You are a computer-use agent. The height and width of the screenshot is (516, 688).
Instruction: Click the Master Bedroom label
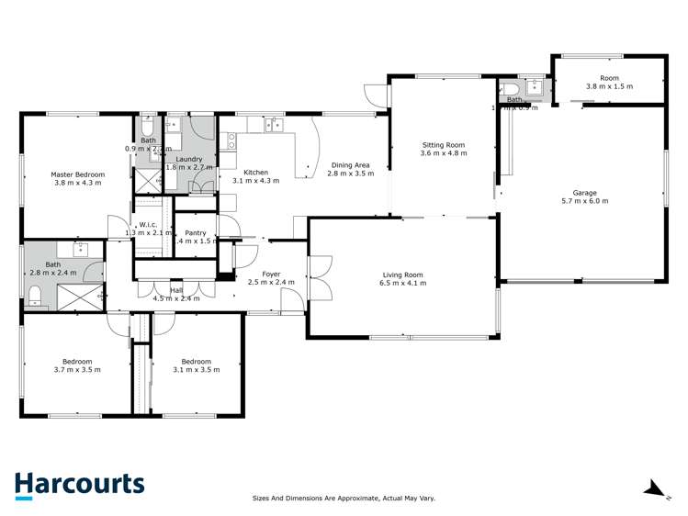[77, 174]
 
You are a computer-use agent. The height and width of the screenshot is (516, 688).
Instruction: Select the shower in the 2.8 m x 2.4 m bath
[81, 297]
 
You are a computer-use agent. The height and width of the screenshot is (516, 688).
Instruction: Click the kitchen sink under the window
[273, 127]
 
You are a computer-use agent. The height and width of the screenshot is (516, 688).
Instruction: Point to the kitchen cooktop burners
[231, 140]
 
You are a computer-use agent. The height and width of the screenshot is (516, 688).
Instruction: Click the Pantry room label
[195, 233]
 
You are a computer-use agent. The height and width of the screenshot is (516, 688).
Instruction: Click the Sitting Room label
[444, 145]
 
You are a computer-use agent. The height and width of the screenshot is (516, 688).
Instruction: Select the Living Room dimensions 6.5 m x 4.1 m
[404, 284]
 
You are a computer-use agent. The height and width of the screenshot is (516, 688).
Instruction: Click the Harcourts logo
[79, 485]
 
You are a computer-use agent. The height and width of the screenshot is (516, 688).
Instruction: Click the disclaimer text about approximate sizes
[344, 499]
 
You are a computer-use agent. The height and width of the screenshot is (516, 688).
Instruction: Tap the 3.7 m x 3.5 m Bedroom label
[77, 362]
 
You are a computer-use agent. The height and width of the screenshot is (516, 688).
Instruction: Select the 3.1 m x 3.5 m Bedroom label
[196, 362]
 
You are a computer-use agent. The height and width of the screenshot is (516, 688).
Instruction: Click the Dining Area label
[350, 165]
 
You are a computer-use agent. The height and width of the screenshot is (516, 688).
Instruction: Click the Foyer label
[271, 274]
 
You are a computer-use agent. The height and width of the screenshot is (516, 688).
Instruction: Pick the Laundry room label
[189, 159]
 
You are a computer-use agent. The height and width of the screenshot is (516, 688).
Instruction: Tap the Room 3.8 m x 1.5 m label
[609, 79]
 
